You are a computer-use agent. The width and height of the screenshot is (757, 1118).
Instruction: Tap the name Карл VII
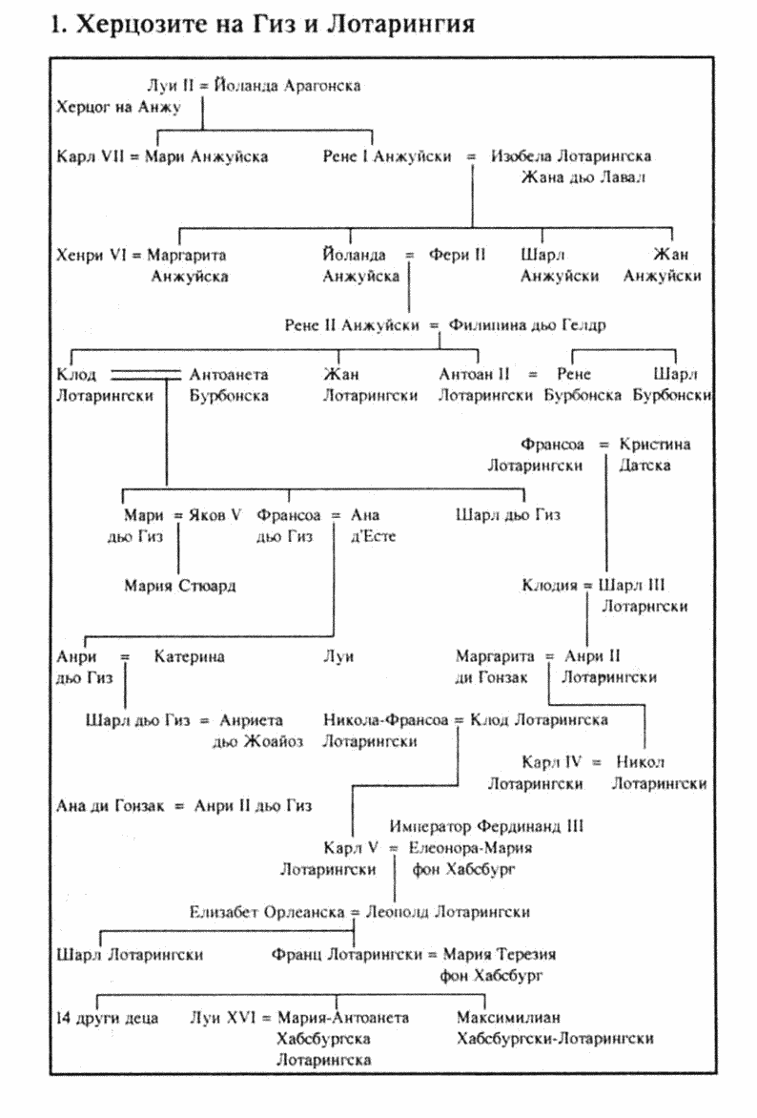(88, 155)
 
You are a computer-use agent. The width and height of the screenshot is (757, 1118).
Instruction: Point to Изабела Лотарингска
(571, 155)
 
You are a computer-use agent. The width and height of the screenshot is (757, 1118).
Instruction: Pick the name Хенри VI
(92, 255)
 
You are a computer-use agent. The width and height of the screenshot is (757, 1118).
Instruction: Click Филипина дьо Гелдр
(521, 325)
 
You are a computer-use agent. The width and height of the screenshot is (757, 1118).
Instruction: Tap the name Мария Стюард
(179, 586)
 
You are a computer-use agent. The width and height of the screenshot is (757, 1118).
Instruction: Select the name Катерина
(190, 656)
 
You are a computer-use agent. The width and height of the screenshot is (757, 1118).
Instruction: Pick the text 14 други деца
(107, 1018)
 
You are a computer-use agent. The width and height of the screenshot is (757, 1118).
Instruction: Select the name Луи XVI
(221, 1018)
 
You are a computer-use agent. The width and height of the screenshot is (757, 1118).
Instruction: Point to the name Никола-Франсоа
(386, 720)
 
